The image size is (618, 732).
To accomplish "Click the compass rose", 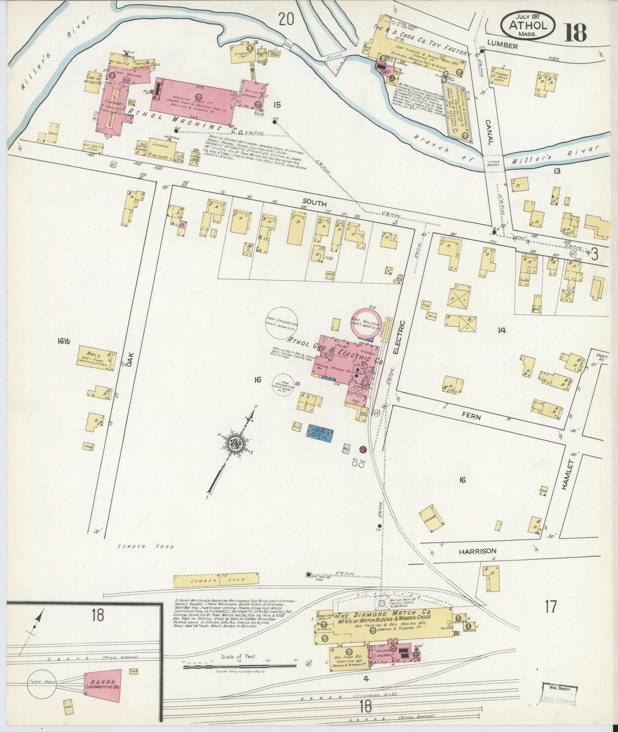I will (x=234, y=443).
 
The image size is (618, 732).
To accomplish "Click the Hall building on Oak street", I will (x=96, y=358).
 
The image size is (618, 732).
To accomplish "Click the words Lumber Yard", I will (x=146, y=547).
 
